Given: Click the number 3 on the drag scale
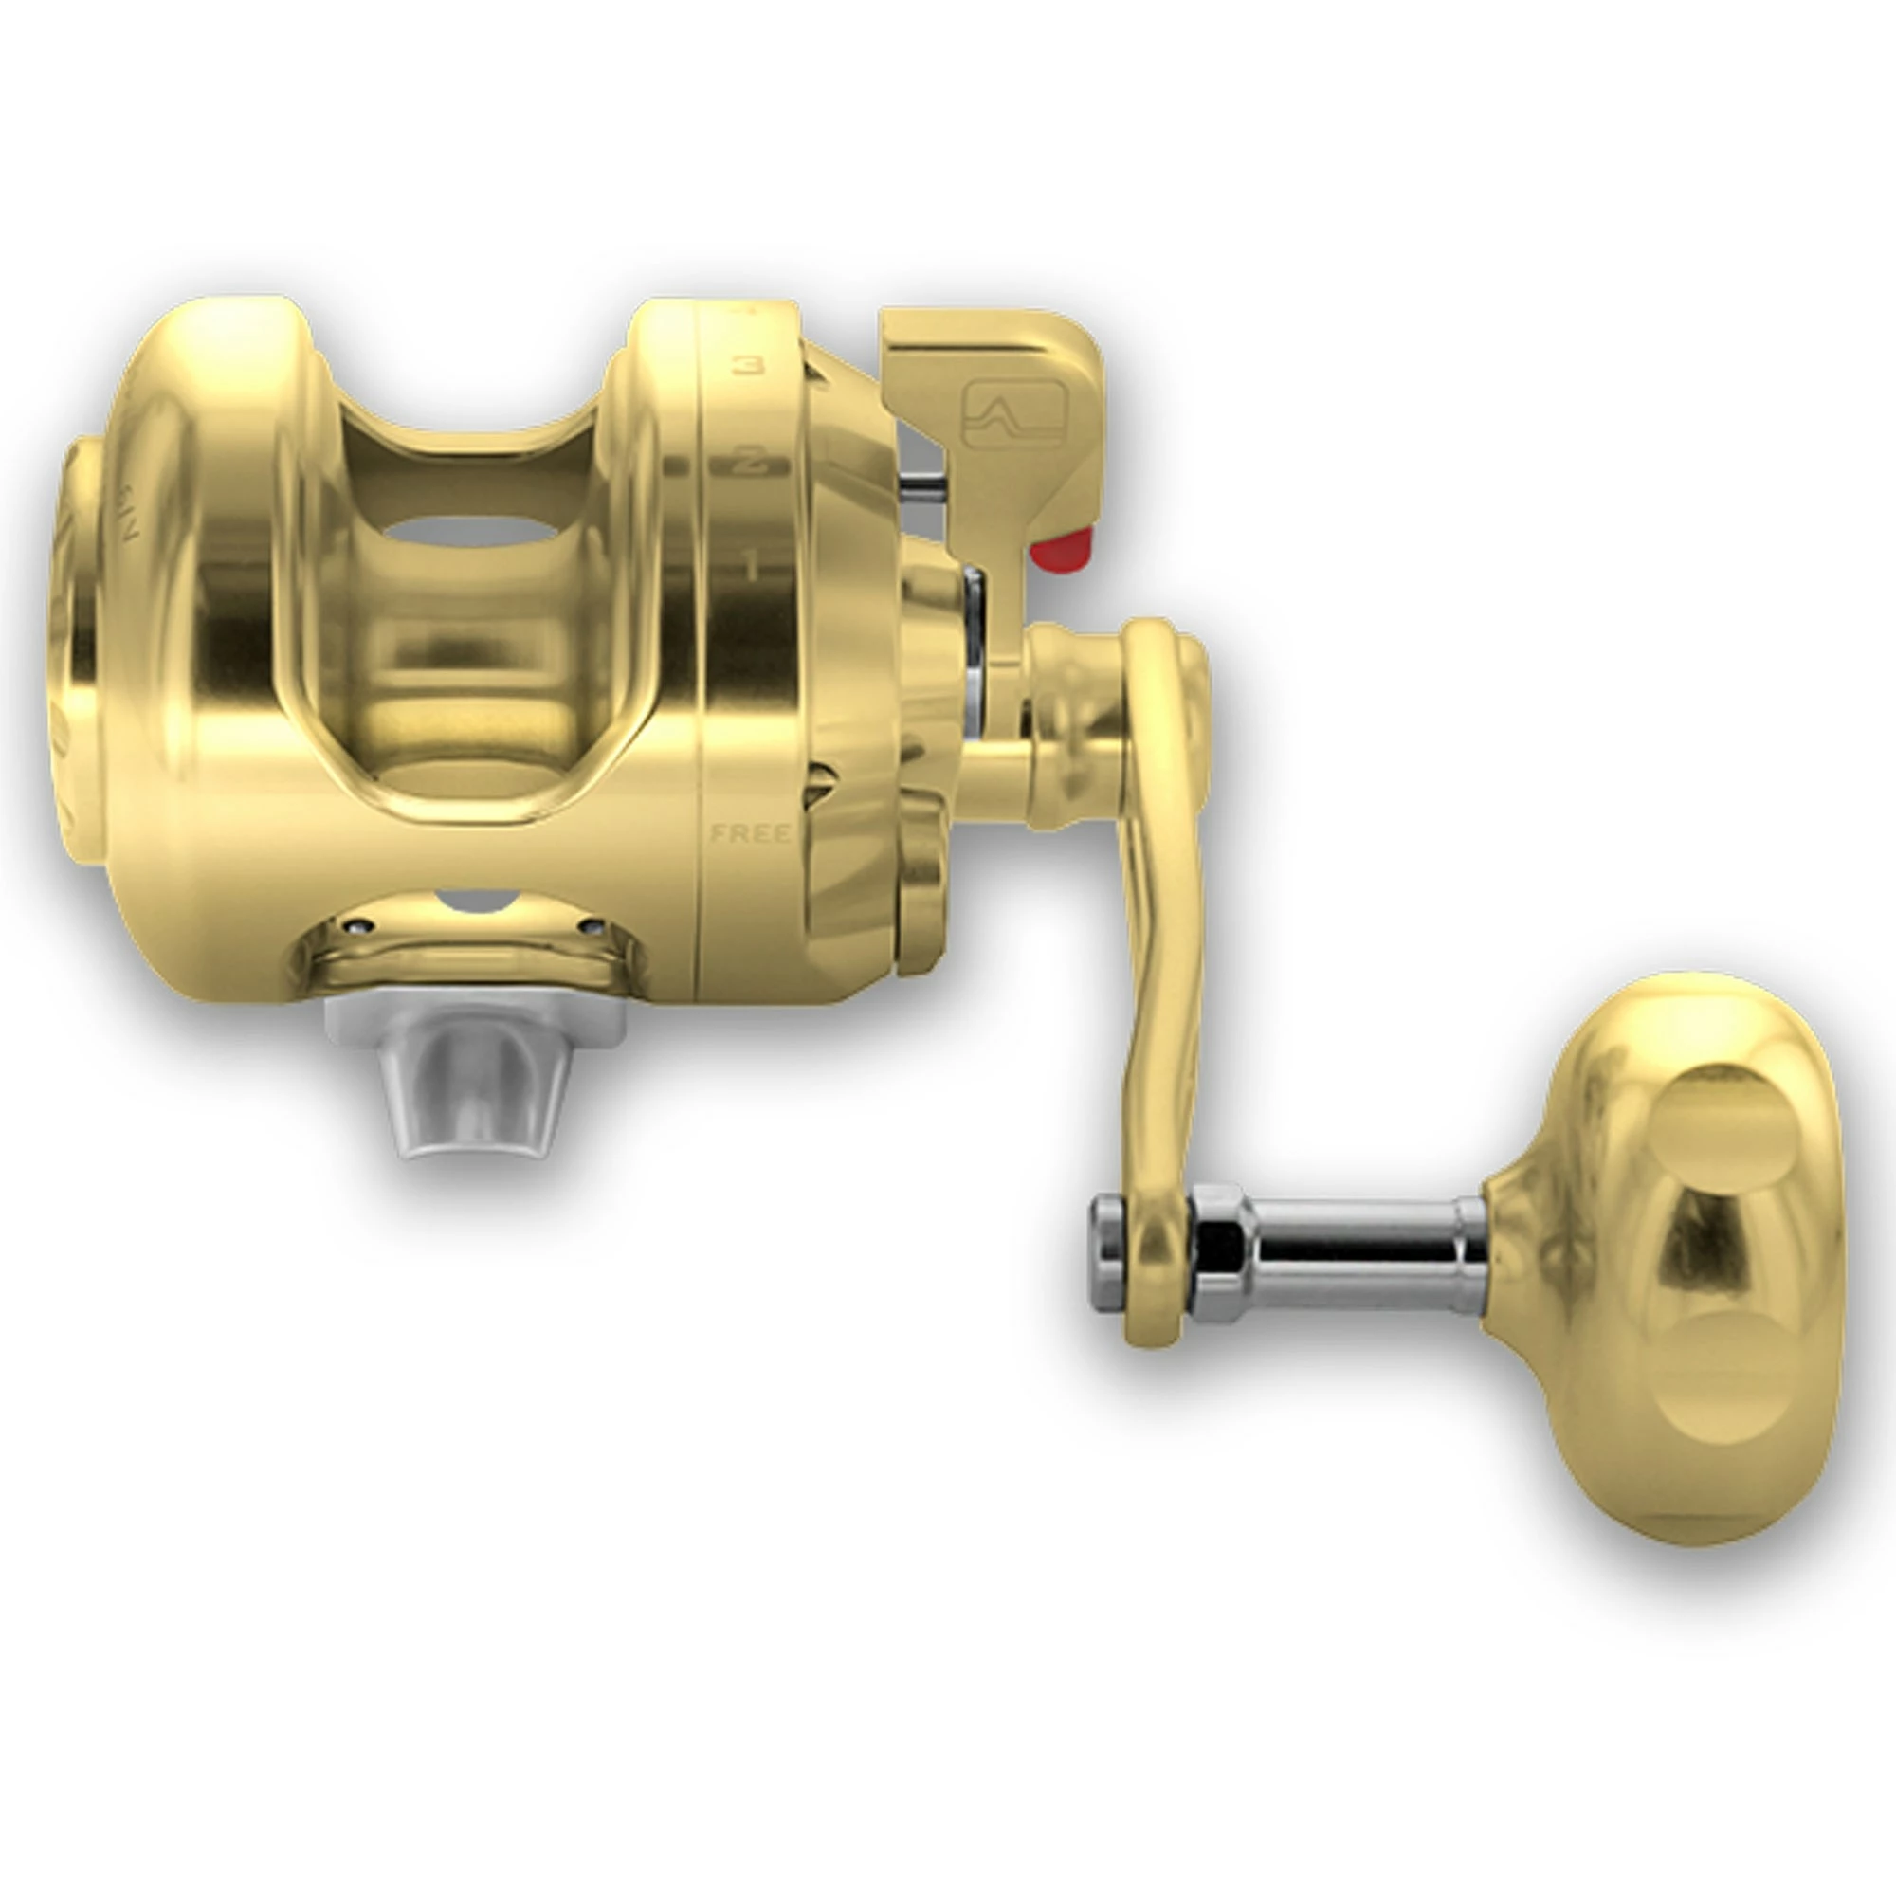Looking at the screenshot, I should click(x=750, y=365).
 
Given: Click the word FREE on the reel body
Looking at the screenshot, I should click(x=751, y=834).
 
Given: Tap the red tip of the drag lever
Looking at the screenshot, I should click(x=1062, y=550).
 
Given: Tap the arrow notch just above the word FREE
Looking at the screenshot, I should click(x=820, y=785).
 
